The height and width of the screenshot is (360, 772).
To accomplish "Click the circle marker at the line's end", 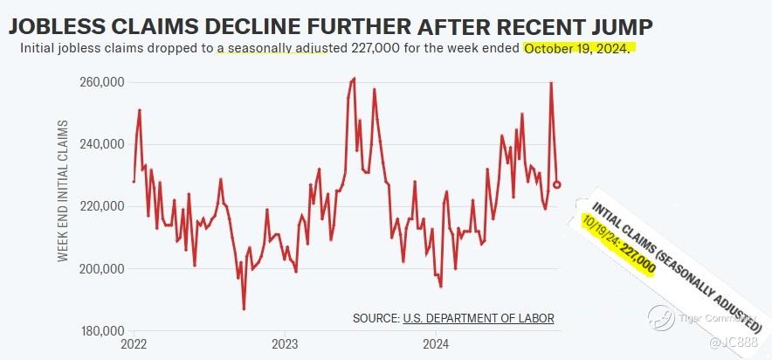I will pos(557,184).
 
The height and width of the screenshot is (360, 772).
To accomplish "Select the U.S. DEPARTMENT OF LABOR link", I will pos(479,318).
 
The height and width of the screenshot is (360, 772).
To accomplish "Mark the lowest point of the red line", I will pos(244,308).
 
